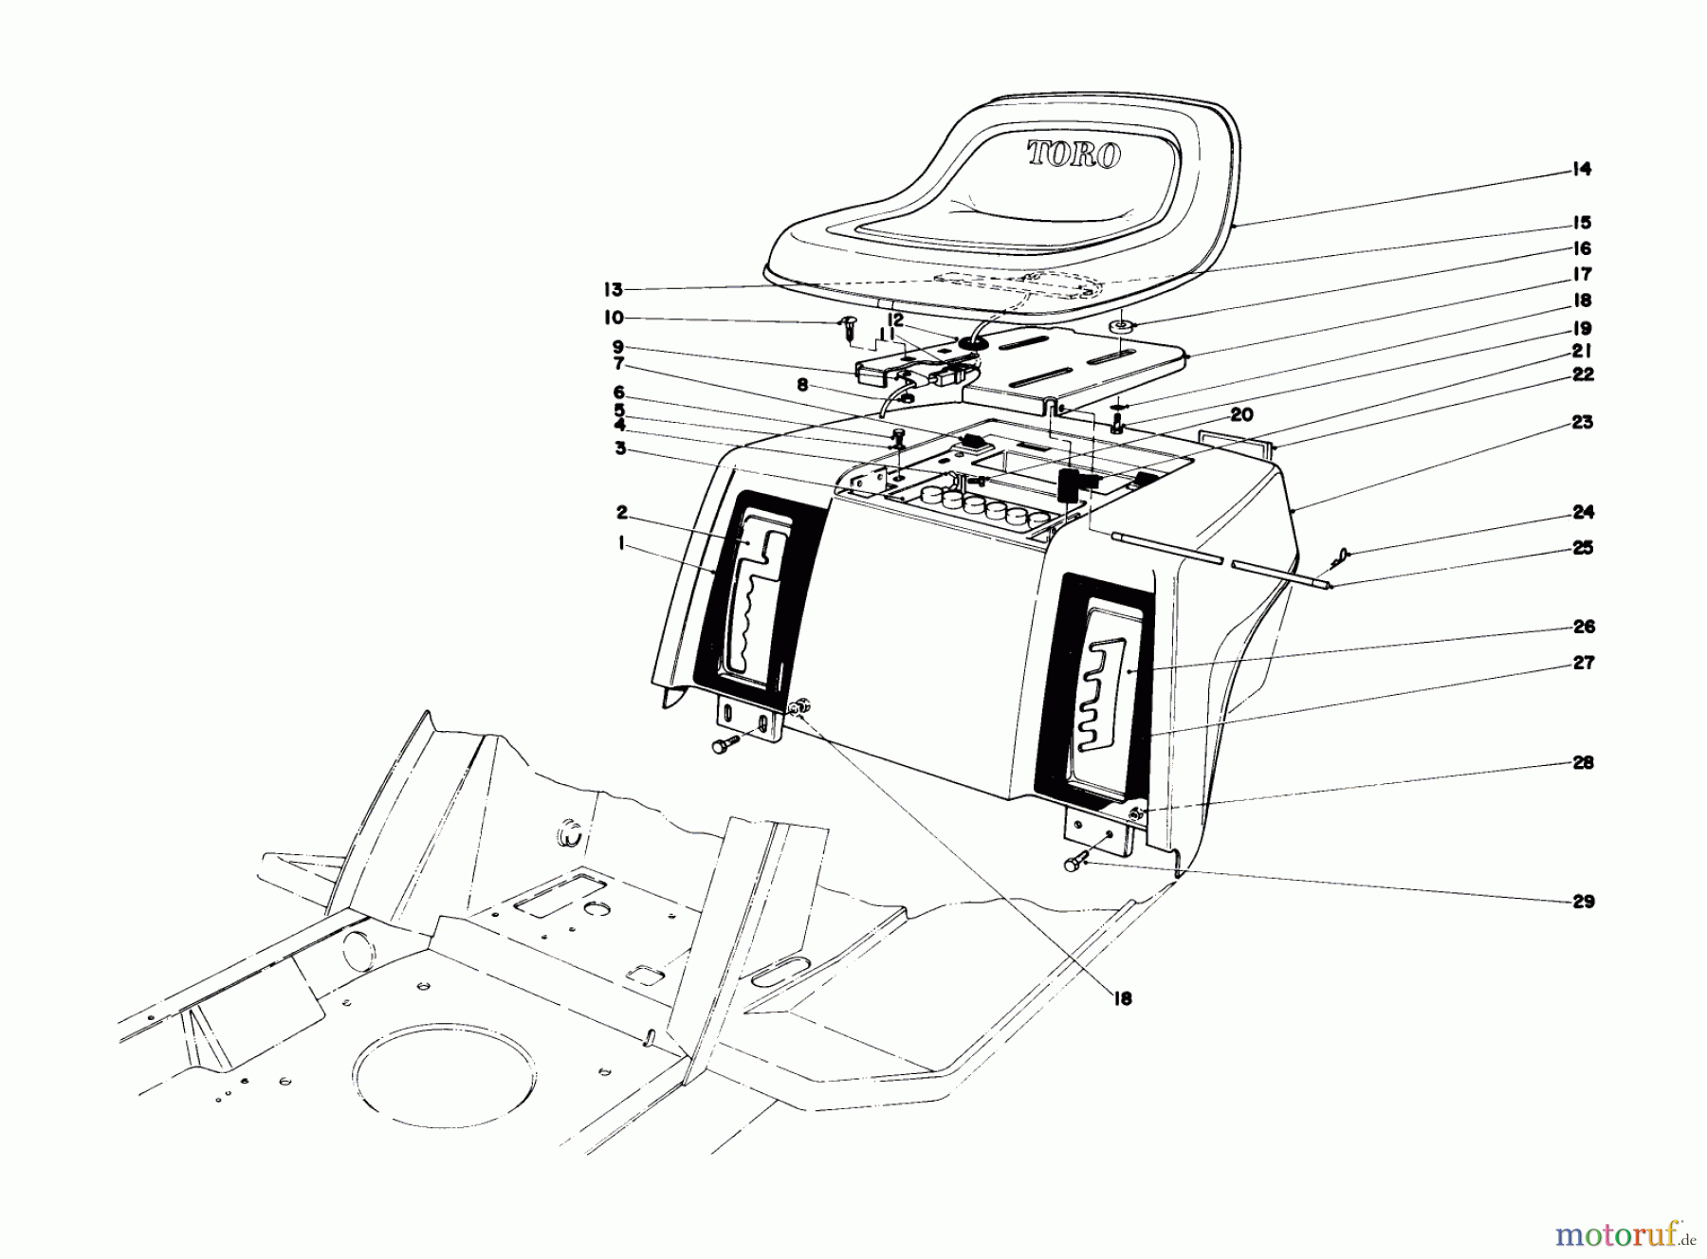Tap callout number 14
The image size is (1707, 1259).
coord(1581,171)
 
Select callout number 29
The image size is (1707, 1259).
coord(1584,902)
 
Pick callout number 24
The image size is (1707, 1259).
coord(1583,513)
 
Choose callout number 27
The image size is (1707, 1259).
coord(1583,664)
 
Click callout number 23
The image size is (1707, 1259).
coord(1583,423)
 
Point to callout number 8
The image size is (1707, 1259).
coord(804,386)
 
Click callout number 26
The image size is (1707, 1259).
coord(1583,628)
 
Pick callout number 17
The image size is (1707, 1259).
coord(1582,275)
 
